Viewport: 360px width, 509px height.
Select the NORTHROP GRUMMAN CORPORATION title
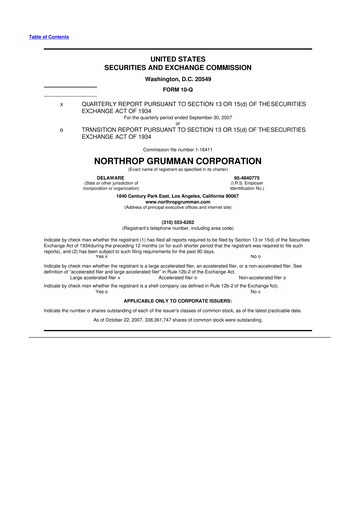[180, 160]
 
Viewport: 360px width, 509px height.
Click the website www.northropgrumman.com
[180, 202]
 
